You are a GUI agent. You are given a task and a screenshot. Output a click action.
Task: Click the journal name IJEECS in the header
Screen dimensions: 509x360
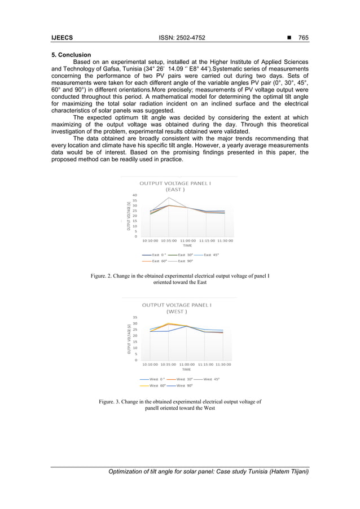[62, 38]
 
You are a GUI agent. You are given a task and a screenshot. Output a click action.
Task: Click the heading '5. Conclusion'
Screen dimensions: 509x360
[71, 55]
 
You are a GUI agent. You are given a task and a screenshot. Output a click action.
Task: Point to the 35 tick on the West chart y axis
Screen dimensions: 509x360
[135, 318]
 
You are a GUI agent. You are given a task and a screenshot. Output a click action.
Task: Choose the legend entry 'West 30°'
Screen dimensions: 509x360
[185, 379]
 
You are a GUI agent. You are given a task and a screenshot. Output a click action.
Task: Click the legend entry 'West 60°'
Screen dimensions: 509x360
[157, 385]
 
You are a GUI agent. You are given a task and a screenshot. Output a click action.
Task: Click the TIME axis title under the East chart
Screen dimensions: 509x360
[187, 246]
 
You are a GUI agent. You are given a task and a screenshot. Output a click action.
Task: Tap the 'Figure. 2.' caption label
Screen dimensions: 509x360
[104, 276]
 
